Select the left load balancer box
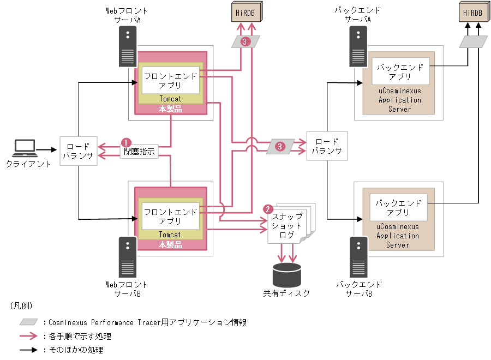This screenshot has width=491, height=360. (x=78, y=151)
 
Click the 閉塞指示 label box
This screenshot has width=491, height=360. (x=139, y=152)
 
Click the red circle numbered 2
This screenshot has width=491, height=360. (x=268, y=209)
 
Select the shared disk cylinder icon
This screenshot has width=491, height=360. (x=286, y=275)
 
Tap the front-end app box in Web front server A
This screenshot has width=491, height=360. (x=170, y=80)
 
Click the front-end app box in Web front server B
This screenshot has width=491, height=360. (x=170, y=216)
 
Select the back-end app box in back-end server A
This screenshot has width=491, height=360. (x=400, y=72)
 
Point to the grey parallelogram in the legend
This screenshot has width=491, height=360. (x=29, y=322)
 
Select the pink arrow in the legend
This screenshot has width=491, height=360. (x=29, y=337)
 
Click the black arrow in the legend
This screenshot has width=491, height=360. (x=29, y=350)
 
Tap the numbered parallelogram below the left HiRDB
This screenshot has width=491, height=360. (x=245, y=42)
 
